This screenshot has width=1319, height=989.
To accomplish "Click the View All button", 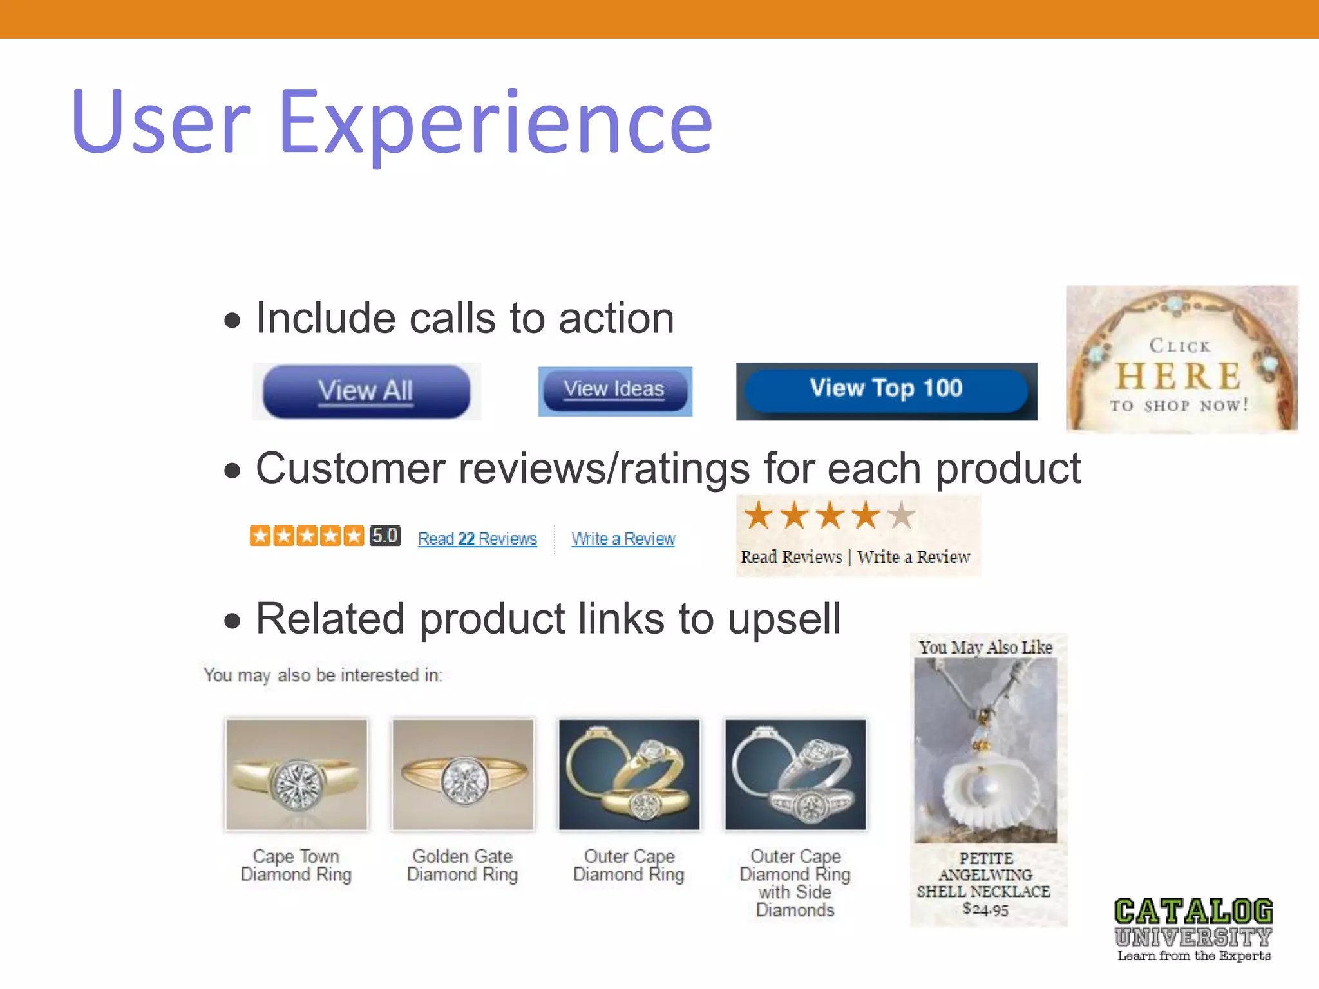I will click(366, 391).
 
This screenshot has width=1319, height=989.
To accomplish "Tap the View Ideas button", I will click(614, 390).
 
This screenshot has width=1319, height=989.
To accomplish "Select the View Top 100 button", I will click(886, 389).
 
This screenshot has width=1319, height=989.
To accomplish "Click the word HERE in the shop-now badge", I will click(1179, 376).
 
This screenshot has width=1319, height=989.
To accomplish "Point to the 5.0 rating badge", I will click(385, 536).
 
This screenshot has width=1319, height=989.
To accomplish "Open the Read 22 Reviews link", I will click(477, 539).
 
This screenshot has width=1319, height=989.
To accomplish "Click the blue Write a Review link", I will click(623, 539).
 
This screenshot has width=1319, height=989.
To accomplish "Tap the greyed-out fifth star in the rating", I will click(902, 515).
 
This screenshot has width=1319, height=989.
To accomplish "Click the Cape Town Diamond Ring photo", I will click(296, 775).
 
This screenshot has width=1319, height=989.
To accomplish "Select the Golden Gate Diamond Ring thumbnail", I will click(462, 775).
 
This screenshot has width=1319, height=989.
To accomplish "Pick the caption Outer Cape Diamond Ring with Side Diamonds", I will click(795, 883).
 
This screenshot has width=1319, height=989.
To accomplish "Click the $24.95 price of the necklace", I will click(985, 909).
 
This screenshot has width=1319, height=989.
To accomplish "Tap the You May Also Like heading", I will click(985, 647).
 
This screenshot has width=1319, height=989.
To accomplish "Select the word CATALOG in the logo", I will click(1193, 912).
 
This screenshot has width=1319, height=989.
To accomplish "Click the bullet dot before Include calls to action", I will click(232, 320).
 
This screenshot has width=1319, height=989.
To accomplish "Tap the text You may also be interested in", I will click(323, 675).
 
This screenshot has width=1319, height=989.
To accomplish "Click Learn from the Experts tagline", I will click(1193, 956).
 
